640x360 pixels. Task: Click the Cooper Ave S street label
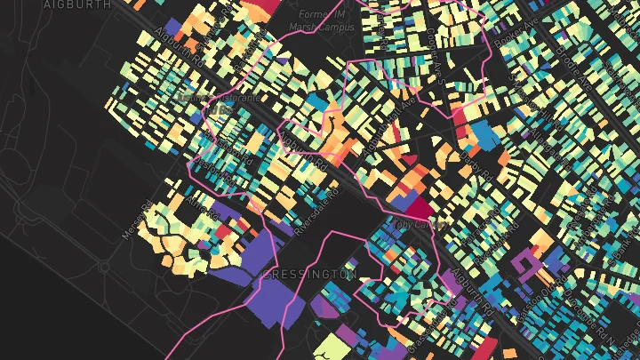pos(435,48)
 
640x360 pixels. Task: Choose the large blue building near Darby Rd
pos(484,133)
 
